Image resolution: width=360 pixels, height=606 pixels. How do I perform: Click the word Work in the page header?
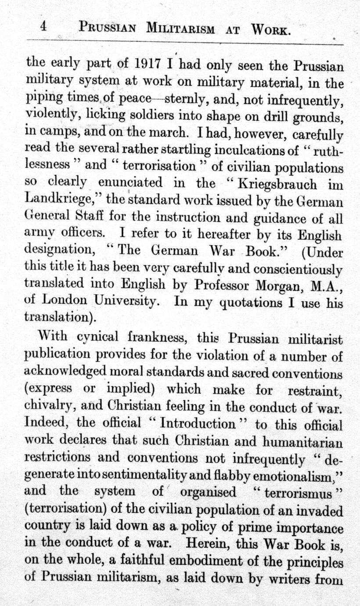[x=270, y=29]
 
